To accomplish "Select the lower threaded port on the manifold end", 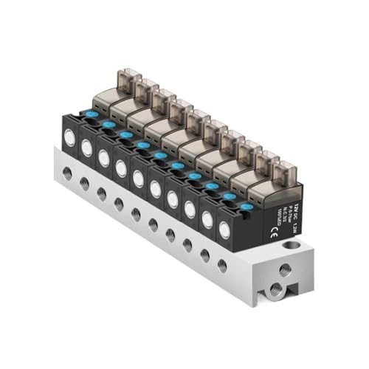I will [x=275, y=287].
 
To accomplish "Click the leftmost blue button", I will [x=92, y=114].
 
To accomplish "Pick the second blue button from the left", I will [x=108, y=124].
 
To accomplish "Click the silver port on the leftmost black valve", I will [x=70, y=137].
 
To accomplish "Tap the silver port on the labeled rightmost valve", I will [x=224, y=227].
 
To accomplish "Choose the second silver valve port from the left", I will [x=87, y=148].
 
